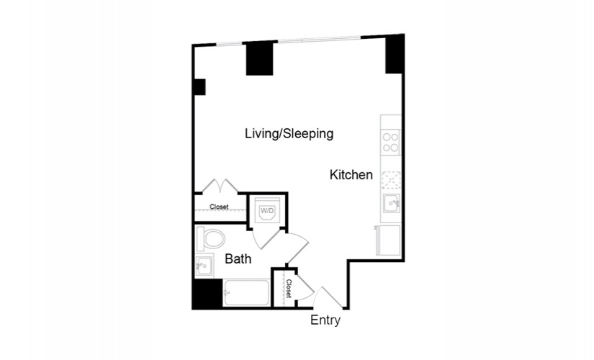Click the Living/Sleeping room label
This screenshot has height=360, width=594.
pyautogui.click(x=289, y=134)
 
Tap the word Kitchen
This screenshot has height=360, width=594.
pyautogui.click(x=351, y=175)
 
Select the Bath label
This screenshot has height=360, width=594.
pyautogui.click(x=238, y=258)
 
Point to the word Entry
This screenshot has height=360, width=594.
pyautogui.click(x=325, y=320)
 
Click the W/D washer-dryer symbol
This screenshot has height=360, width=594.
pyautogui.click(x=267, y=212)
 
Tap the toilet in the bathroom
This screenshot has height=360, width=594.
pyautogui.click(x=211, y=239)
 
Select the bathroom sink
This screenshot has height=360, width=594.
pyautogui.click(x=204, y=265)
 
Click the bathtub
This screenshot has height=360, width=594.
pyautogui.click(x=246, y=292)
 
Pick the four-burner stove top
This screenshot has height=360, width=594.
pyautogui.click(x=390, y=142)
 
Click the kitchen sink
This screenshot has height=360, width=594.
pyautogui.click(x=391, y=204)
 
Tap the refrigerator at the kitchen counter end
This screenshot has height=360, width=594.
pyautogui.click(x=388, y=240)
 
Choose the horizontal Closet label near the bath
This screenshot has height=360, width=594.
pyautogui.click(x=219, y=207)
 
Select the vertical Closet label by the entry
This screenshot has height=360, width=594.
pyautogui.click(x=289, y=289)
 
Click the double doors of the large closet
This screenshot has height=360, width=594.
pyautogui.click(x=220, y=186)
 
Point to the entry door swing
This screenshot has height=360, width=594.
pyautogui.click(x=328, y=297)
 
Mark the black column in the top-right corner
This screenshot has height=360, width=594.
pyautogui.click(x=395, y=54)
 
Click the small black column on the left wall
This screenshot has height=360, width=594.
pyautogui.click(x=199, y=87)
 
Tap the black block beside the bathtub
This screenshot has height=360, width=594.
pyautogui.click(x=207, y=294)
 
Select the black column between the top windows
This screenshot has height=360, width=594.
pyautogui.click(x=259, y=58)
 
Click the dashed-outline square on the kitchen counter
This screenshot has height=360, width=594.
pyautogui.click(x=391, y=180)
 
